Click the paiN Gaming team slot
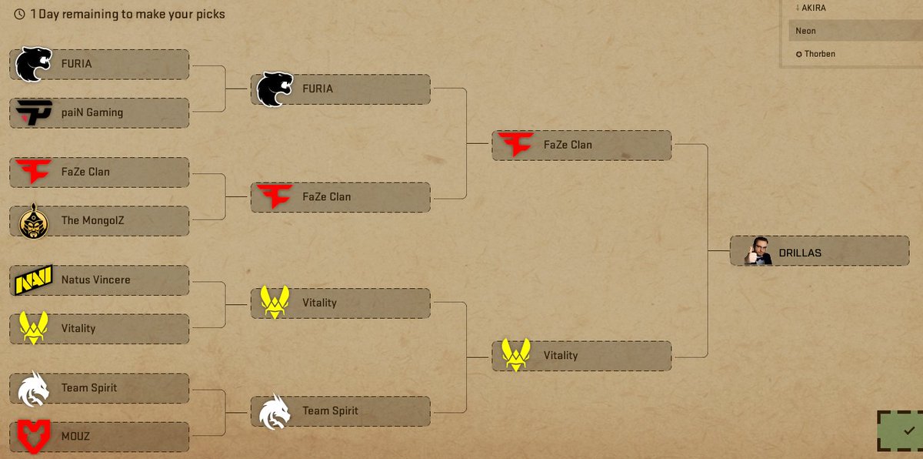pyautogui.click(x=100, y=112)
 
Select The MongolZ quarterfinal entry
pyautogui.click(x=100, y=220)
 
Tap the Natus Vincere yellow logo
pyautogui.click(x=34, y=280)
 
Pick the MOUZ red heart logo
pyautogui.click(x=34, y=436)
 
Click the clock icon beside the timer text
pyautogui.click(x=20, y=14)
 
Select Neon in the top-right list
pyautogui.click(x=806, y=31)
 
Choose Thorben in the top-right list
pyautogui.click(x=820, y=54)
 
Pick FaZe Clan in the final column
pyautogui.click(x=581, y=145)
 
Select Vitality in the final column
pyautogui.click(x=581, y=356)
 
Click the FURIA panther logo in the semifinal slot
pyautogui.click(x=275, y=89)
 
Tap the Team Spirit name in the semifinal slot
pyautogui.click(x=330, y=410)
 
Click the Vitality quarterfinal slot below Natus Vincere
pyautogui.click(x=100, y=328)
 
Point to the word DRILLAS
pyautogui.click(x=800, y=253)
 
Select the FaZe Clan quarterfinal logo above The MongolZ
pyautogui.click(x=34, y=172)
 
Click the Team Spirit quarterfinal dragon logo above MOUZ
pyautogui.click(x=34, y=388)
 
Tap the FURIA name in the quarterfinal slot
pyautogui.click(x=76, y=64)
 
